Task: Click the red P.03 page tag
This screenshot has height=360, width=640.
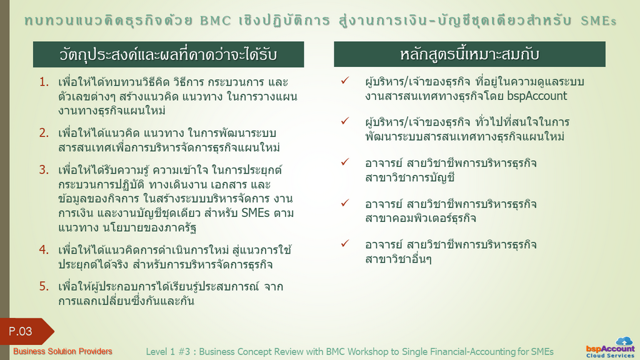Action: click(25, 331)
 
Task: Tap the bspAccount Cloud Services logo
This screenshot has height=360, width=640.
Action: click(610, 347)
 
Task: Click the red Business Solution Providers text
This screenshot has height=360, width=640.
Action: click(62, 351)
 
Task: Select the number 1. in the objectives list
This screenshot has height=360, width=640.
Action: click(44, 82)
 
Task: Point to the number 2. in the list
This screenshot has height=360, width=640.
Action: click(44, 132)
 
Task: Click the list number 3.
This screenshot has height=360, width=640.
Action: click(44, 169)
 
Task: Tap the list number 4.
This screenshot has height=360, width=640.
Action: click(44, 249)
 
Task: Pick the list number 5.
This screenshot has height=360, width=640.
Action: click(44, 286)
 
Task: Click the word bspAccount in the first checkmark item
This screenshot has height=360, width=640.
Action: click(537, 96)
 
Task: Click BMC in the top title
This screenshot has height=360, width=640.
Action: click(216, 21)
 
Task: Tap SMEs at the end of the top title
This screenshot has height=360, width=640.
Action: click(598, 21)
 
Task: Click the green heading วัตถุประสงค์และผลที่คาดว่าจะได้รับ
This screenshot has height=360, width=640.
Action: click(169, 54)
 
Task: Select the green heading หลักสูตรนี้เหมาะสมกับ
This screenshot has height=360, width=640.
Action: click(470, 54)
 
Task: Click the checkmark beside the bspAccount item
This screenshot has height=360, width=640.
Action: click(345, 81)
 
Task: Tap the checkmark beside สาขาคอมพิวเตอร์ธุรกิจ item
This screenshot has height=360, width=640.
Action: click(345, 202)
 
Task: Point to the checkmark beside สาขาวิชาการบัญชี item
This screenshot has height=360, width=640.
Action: click(345, 162)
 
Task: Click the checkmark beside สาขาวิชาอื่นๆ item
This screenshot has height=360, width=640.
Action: click(345, 243)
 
